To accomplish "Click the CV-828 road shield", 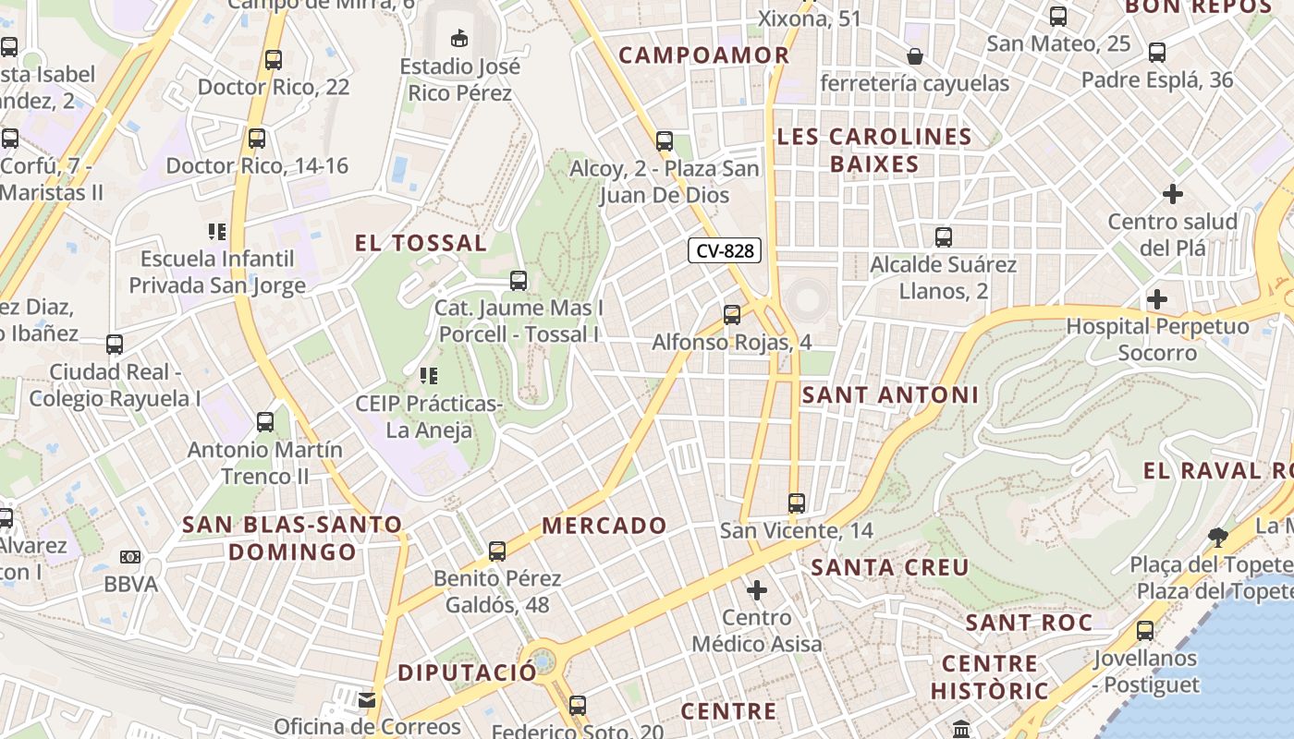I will [725, 250].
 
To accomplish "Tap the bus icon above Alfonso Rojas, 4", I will [731, 315].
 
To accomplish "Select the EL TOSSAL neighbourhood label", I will [421, 243].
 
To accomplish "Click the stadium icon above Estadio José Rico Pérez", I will [458, 38].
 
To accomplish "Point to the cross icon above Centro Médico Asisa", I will [757, 589].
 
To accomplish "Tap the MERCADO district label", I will [604, 526].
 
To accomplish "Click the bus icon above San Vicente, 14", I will [797, 503].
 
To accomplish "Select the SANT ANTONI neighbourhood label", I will [889, 394].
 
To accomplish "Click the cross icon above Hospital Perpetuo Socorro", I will [1156, 299].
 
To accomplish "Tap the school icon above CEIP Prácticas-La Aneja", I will [428, 376].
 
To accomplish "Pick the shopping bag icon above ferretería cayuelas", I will [915, 56].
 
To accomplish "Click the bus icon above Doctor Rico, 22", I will [274, 60].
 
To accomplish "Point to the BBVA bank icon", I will [130, 557].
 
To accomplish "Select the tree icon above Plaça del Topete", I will [1218, 537].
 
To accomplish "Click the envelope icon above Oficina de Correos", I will [367, 699].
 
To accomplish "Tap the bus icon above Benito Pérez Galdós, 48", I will [497, 551].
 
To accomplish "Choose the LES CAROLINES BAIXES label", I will [873, 151].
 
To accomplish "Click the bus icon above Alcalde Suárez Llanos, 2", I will [943, 237].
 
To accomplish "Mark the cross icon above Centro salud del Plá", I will [1172, 194].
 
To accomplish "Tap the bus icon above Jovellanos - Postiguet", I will [1145, 631].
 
